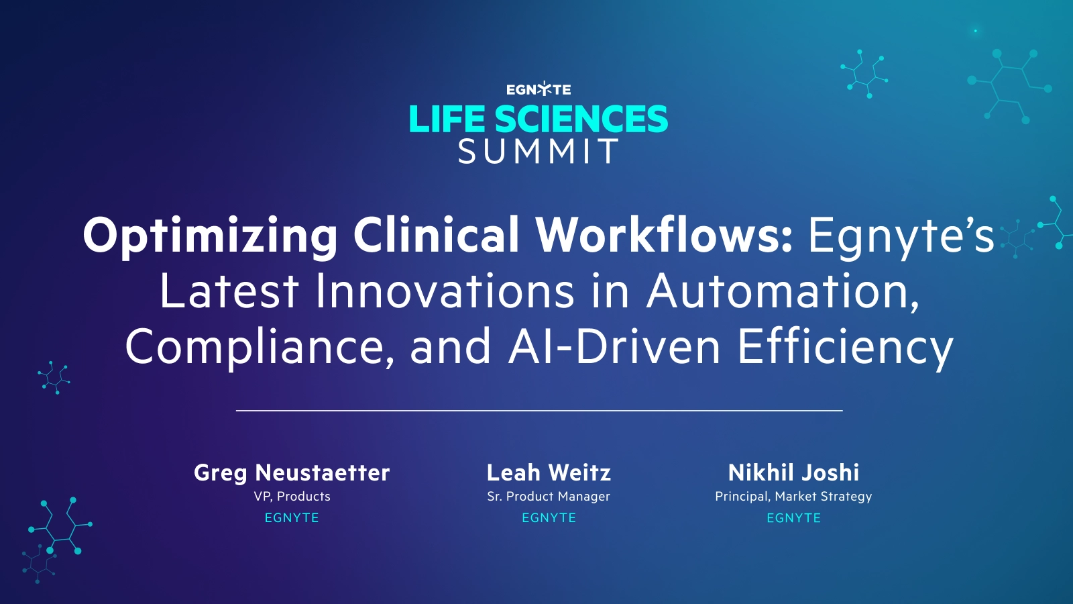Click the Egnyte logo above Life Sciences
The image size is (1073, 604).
click(x=539, y=89)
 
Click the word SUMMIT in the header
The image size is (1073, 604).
click(x=539, y=152)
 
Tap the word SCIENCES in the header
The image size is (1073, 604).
click(x=581, y=119)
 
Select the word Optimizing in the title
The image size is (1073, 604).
click(x=210, y=236)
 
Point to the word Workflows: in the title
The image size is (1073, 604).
click(x=664, y=235)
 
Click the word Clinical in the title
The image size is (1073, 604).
click(x=437, y=235)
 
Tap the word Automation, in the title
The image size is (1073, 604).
click(x=783, y=291)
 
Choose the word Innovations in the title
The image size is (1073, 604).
click(x=445, y=291)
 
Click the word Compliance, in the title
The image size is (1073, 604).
click(x=260, y=347)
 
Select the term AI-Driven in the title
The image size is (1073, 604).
click(x=614, y=347)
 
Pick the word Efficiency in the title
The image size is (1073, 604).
click(x=845, y=347)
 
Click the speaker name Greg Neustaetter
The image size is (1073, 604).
click(x=292, y=472)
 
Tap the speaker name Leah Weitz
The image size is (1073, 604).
click(x=549, y=472)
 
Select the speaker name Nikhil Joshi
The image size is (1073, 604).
click(x=793, y=472)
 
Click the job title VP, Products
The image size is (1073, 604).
click(x=292, y=497)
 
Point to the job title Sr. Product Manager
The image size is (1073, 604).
click(x=549, y=497)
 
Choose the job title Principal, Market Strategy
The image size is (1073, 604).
click(x=793, y=497)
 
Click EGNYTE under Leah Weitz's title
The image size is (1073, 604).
click(x=549, y=518)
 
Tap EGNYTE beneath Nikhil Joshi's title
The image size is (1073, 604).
click(x=793, y=518)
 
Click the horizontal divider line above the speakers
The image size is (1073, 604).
click(x=539, y=410)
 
